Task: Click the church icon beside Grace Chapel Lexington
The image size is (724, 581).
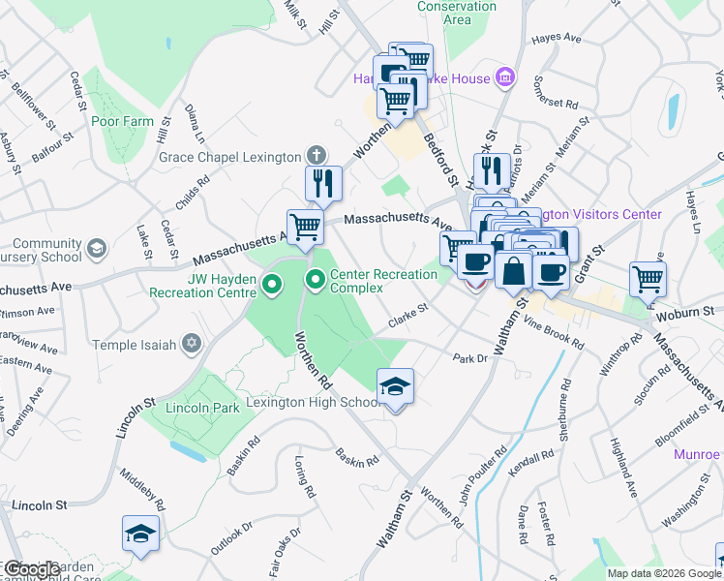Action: pos(315,155)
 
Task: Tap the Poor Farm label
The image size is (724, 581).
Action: pos(122,121)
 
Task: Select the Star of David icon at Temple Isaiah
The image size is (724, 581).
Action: pos(193,345)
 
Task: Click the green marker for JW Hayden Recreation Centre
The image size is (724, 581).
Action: pos(272,285)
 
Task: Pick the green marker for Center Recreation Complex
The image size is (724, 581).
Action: pos(315,281)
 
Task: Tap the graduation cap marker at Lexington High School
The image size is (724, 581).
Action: pos(395,386)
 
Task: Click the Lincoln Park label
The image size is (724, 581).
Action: pos(202,409)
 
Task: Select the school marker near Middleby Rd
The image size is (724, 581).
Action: pos(141,534)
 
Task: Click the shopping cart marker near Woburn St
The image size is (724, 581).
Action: pos(648,279)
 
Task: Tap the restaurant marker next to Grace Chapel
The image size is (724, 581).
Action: pos(323,182)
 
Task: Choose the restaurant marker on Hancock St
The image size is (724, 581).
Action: pos(494,170)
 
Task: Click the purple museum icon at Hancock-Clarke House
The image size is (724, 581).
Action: pos(503,76)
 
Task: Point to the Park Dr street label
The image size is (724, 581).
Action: pos(469,358)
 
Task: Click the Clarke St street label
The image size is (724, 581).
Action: pos(407,315)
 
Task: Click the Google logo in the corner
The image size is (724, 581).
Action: pos(31,569)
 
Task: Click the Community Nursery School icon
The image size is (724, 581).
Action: pos(96,249)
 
